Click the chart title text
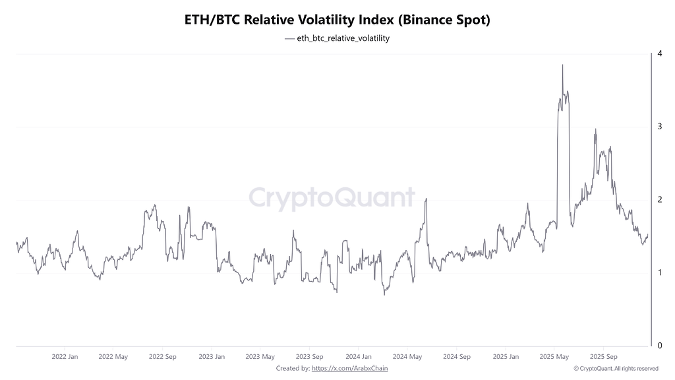click(x=337, y=20)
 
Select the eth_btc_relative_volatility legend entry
click(x=338, y=38)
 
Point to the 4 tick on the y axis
click(x=659, y=53)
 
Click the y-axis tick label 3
click(x=659, y=126)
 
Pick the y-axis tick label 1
click(x=659, y=272)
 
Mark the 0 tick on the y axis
click(x=659, y=345)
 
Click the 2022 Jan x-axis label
click(x=65, y=357)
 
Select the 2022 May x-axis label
click(x=113, y=357)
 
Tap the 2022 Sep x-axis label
click(x=163, y=357)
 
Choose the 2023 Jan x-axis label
click(x=211, y=357)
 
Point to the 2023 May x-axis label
click(x=260, y=357)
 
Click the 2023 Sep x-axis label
click(x=309, y=357)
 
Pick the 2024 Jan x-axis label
click(x=358, y=357)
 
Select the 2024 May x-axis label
click(x=407, y=357)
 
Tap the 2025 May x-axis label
click(x=554, y=357)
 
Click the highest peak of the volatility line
click(x=562, y=65)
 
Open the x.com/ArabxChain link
click(x=349, y=368)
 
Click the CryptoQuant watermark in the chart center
click(x=332, y=198)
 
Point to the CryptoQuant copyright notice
click(x=616, y=368)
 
